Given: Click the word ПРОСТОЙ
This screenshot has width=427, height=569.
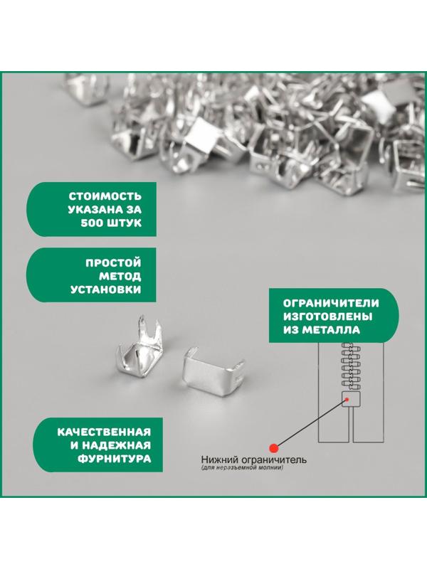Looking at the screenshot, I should point(115,262).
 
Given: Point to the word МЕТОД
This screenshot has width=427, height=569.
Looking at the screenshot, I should point(122,276).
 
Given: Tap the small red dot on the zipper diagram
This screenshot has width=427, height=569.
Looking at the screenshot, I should point(347,401).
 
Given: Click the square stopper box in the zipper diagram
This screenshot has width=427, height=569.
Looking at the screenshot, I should point(351,400).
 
